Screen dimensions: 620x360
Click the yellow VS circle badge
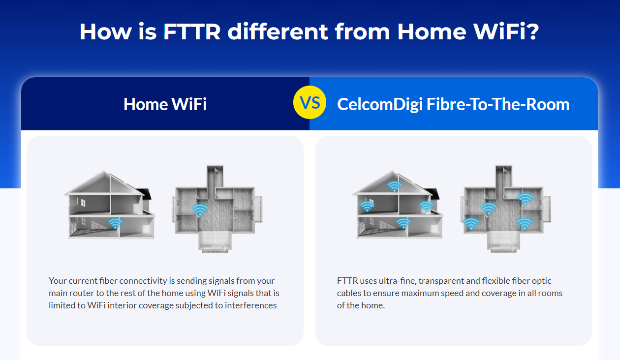(x=310, y=102)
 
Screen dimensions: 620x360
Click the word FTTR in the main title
(x=192, y=31)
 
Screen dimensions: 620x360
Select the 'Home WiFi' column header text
(x=165, y=104)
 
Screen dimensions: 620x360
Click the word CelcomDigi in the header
(x=380, y=105)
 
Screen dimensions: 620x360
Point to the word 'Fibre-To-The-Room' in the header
(x=497, y=104)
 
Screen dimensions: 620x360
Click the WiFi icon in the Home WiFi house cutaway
(x=115, y=223)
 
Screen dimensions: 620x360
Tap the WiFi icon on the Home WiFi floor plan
(x=200, y=210)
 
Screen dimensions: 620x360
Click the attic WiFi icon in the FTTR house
(x=395, y=186)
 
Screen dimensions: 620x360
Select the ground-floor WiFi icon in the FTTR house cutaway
(x=403, y=223)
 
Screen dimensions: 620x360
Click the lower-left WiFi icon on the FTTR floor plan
(x=471, y=224)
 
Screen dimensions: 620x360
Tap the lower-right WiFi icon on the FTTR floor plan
(x=525, y=224)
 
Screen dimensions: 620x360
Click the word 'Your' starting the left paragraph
(x=58, y=281)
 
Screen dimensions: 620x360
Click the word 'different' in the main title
(x=278, y=31)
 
